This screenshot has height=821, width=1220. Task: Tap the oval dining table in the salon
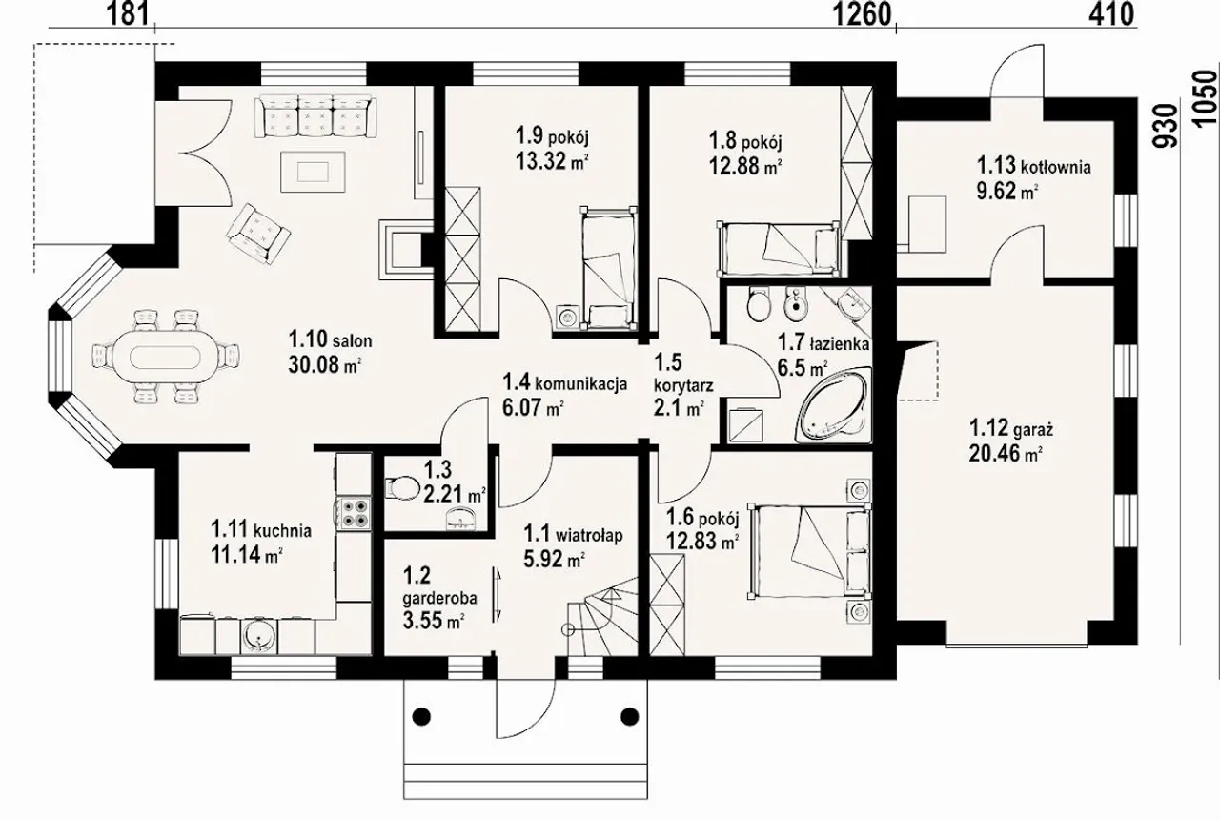(x=166, y=358)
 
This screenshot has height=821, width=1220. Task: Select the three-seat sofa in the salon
(x=315, y=117)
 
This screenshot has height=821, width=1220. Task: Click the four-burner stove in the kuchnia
(x=354, y=513)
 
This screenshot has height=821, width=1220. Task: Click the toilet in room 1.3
(x=401, y=487)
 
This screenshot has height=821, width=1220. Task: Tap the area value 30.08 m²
(x=325, y=364)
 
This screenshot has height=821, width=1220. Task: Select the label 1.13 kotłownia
(x=1033, y=165)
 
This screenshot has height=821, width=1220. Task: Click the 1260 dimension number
(x=864, y=13)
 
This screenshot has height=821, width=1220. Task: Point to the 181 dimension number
(x=129, y=13)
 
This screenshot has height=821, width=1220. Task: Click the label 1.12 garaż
(x=1011, y=428)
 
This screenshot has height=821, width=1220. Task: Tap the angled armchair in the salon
(x=258, y=234)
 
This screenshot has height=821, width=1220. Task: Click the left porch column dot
(x=421, y=715)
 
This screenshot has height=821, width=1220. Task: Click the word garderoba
(x=440, y=598)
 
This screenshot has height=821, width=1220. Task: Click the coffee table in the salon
(x=314, y=172)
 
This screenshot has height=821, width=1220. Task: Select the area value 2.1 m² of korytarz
(x=679, y=407)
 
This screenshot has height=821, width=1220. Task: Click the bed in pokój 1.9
(x=608, y=268)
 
